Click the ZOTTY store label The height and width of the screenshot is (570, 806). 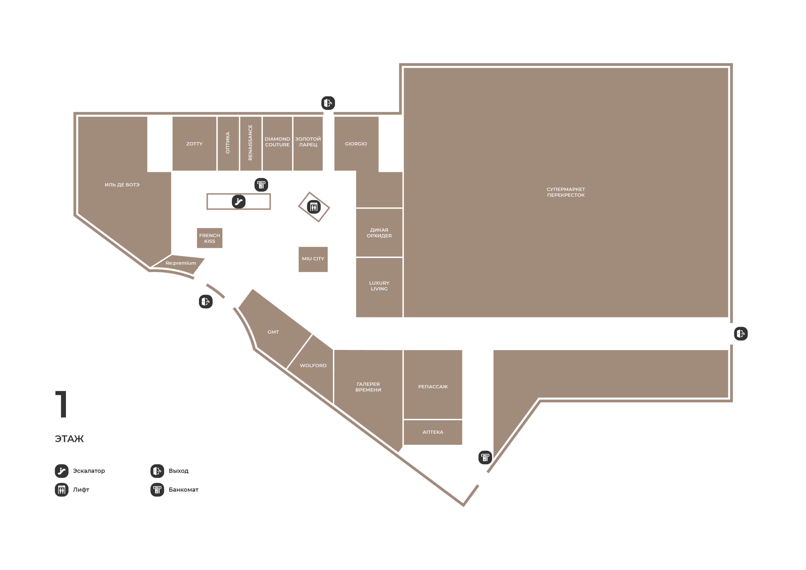[x=194, y=144]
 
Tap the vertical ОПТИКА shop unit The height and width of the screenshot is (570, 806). [x=228, y=143]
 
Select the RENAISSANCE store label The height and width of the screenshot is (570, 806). [x=250, y=143]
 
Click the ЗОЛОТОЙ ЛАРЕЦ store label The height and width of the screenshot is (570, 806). [x=308, y=142]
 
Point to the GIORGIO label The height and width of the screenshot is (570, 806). [x=356, y=144]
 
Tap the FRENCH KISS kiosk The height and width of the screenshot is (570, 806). [x=210, y=238]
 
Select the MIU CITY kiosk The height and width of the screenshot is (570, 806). [x=313, y=259]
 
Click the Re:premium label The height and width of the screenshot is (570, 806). [x=181, y=263]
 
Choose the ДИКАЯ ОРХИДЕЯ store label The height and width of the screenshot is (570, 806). [x=379, y=233]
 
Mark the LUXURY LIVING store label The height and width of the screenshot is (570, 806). [x=379, y=286]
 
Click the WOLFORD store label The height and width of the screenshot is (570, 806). [x=313, y=366]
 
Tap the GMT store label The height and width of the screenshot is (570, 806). [x=273, y=332]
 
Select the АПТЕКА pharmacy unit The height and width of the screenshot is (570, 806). [x=433, y=432]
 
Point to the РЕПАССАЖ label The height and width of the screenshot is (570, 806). [x=433, y=387]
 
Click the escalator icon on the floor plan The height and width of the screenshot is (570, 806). [x=239, y=202]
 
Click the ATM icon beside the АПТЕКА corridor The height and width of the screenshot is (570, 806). [x=485, y=458]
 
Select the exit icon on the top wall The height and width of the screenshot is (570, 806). [x=328, y=103]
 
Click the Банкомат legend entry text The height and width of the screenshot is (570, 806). [x=183, y=490]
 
